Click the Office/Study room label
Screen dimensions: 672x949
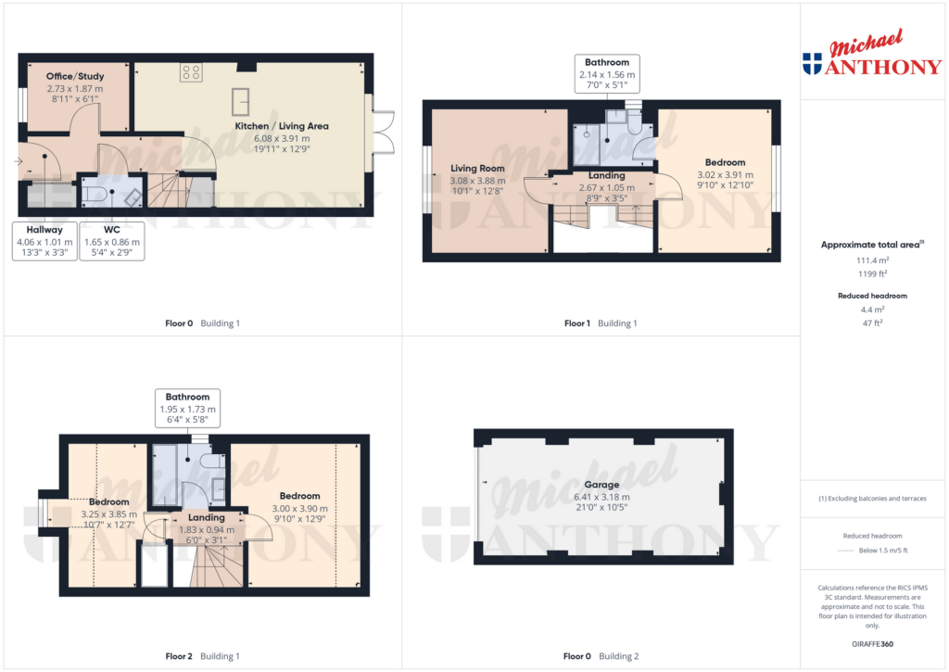pos(75,76)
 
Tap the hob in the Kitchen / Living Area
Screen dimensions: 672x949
pos(192,71)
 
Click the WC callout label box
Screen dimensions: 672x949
pos(111,241)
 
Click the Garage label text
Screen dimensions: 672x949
pos(601,485)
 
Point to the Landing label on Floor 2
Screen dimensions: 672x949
pos(207,517)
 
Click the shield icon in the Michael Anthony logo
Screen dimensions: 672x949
pos(812,64)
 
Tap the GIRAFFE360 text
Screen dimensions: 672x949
pos(872,643)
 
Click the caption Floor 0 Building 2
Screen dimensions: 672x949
pos(601,656)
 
